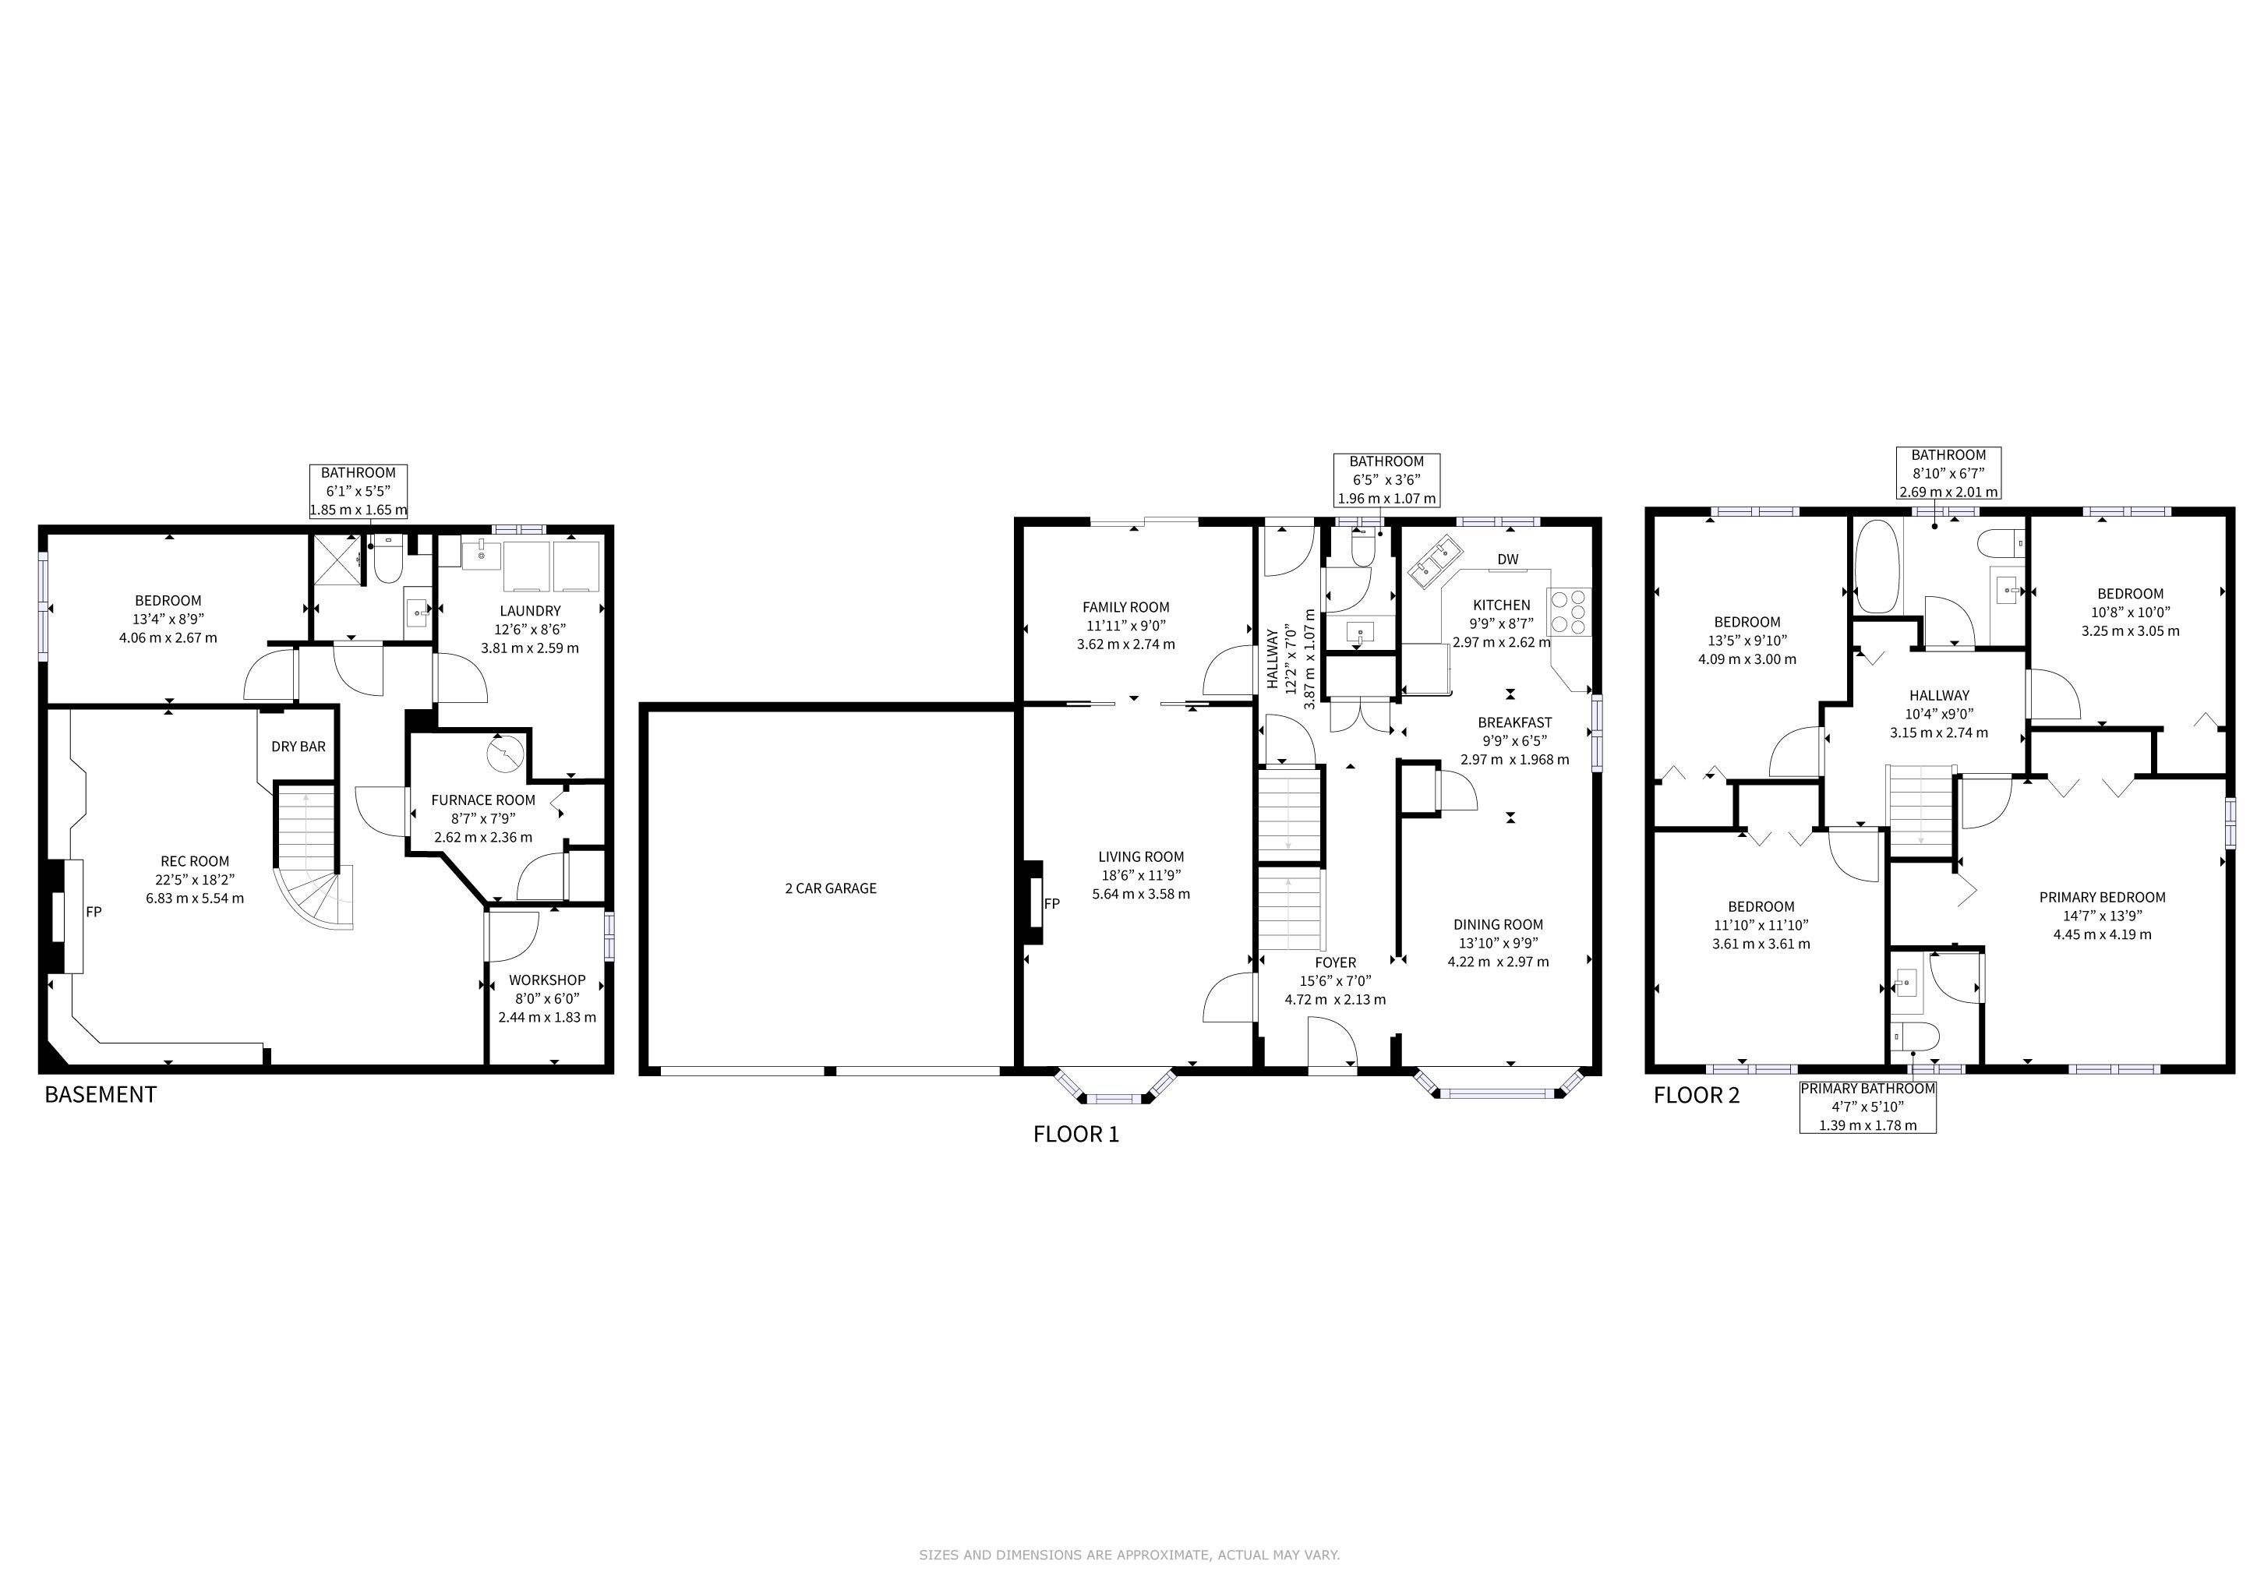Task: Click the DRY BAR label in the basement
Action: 298,747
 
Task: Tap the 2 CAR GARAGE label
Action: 831,888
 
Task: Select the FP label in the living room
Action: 1052,904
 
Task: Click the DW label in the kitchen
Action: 1508,560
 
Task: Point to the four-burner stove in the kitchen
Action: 1569,610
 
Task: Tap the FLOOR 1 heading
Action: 1076,1134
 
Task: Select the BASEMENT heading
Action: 101,1095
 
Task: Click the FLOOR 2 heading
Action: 1697,1095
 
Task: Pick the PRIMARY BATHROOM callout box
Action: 1868,1107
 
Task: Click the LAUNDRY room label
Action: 530,611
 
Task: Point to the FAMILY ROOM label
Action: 1125,607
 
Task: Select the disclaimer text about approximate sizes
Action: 1129,1555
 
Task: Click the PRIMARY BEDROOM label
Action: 2102,897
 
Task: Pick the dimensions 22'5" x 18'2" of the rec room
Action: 196,880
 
